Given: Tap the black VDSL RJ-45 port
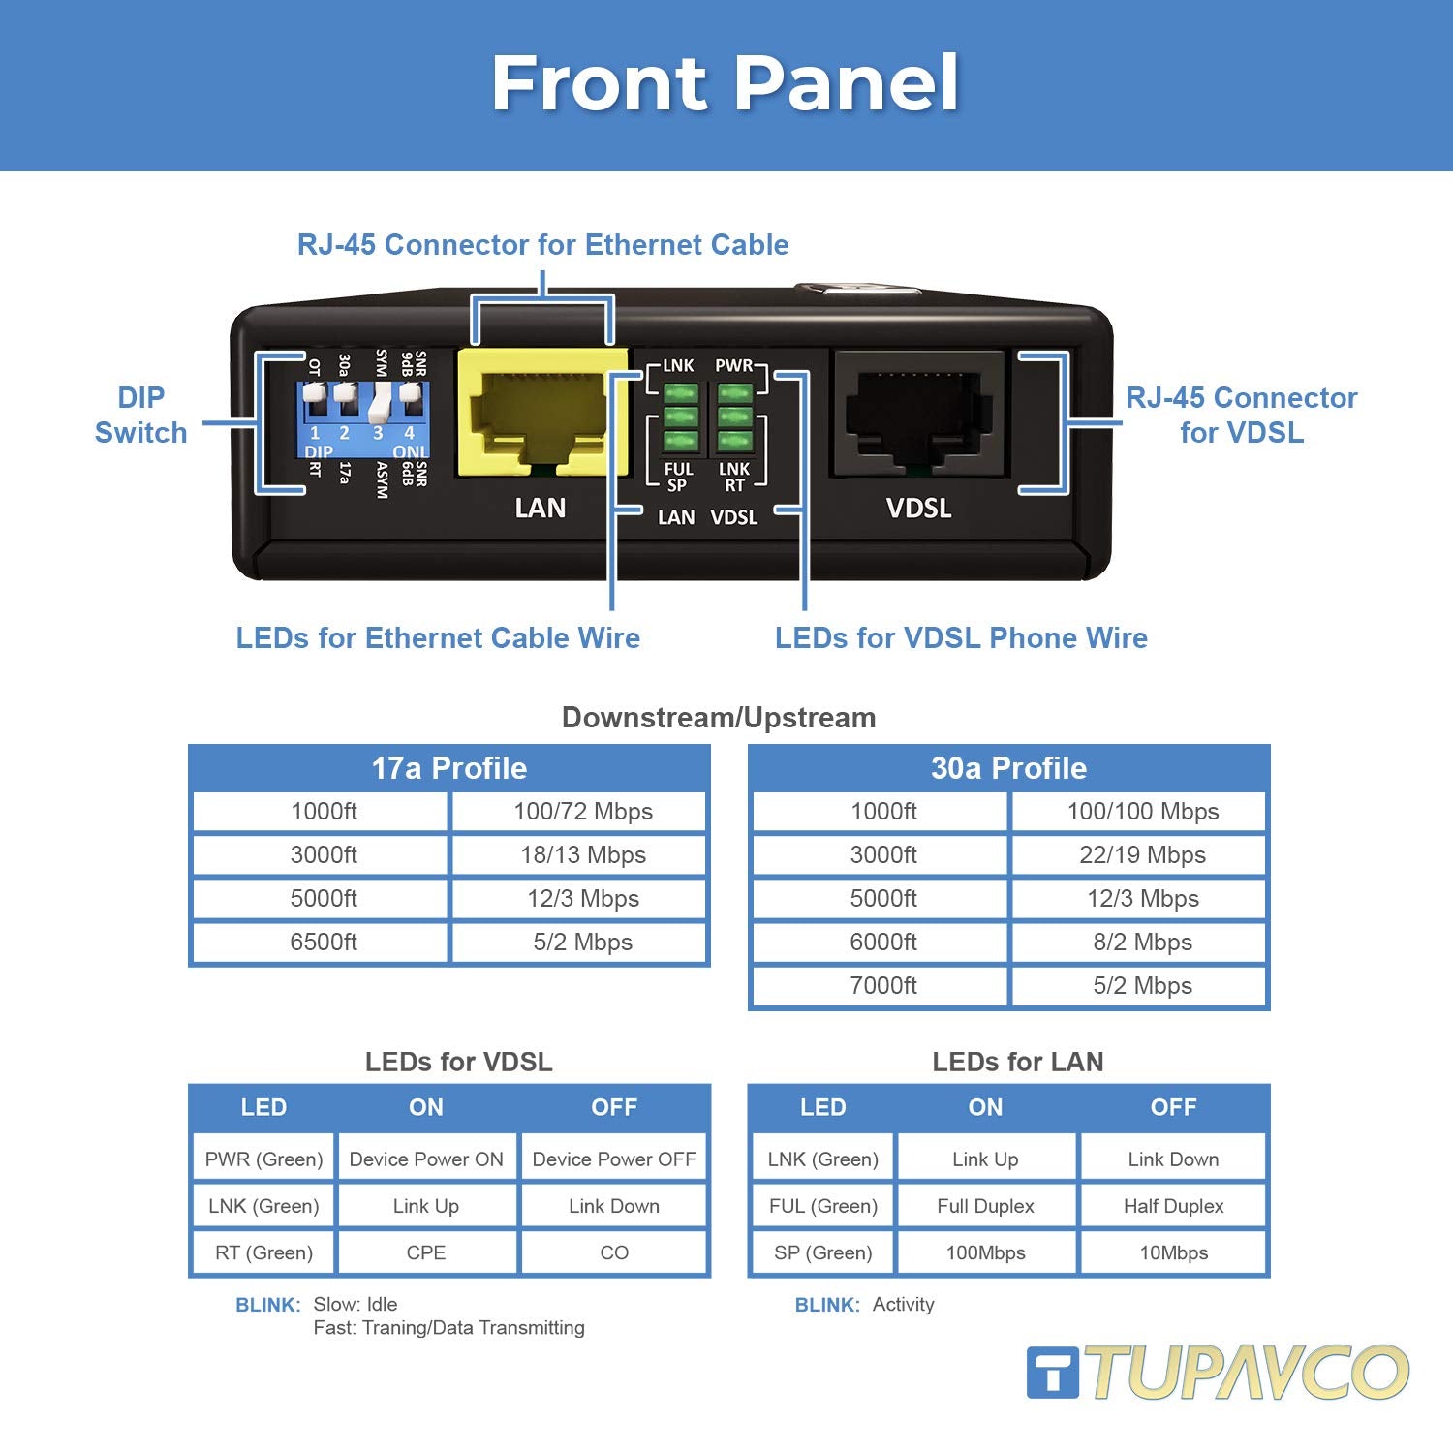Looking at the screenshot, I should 916,412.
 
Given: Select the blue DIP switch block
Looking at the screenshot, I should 362,418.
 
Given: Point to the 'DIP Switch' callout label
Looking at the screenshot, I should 140,415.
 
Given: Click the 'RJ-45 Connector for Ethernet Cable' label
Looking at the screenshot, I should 542,245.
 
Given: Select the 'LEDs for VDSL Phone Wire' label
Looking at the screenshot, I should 961,638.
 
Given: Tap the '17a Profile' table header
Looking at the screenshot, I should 449,768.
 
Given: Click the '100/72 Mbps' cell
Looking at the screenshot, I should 582,812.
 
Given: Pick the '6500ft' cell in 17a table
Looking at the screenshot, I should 324,943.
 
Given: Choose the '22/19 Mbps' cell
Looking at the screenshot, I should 1142,855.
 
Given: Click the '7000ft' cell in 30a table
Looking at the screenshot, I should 882,986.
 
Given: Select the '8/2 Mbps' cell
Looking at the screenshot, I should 1142,943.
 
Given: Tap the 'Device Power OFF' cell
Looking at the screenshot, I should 614,1159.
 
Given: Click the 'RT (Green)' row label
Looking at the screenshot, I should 263,1252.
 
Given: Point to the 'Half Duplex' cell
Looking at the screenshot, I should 1173,1206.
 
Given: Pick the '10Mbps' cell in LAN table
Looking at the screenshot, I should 1173,1252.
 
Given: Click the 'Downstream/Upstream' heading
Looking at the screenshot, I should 719,718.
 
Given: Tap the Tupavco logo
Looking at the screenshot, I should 1218,1372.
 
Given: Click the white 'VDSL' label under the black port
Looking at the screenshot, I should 918,509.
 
